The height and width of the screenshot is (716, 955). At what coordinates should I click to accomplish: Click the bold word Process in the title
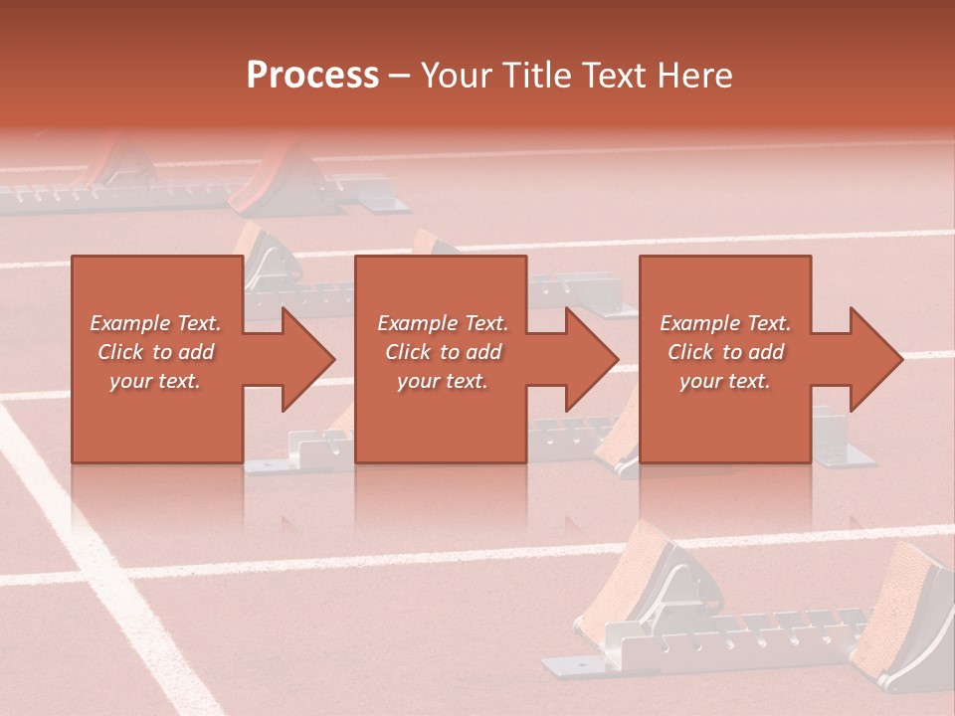pyautogui.click(x=312, y=76)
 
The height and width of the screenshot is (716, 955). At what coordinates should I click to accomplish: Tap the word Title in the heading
pyautogui.click(x=531, y=76)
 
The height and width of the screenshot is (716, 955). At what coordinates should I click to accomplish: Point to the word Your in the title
pyautogui.click(x=454, y=76)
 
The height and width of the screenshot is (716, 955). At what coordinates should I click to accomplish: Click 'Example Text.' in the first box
pyautogui.click(x=155, y=323)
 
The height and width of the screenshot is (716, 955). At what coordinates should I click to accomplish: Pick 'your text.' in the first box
pyautogui.click(x=155, y=381)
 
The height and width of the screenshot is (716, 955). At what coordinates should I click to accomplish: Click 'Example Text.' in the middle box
pyautogui.click(x=443, y=323)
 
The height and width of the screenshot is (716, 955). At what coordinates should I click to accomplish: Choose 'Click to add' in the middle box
pyautogui.click(x=443, y=352)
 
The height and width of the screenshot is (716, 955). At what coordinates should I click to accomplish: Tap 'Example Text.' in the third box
pyautogui.click(x=725, y=323)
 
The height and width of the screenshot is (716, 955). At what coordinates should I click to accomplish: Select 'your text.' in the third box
pyautogui.click(x=725, y=381)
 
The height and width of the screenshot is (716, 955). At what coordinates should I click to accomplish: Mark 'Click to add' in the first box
pyautogui.click(x=155, y=352)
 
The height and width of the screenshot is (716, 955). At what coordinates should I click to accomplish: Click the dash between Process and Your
pyautogui.click(x=399, y=77)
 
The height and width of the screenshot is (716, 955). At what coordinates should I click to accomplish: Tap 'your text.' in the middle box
pyautogui.click(x=443, y=381)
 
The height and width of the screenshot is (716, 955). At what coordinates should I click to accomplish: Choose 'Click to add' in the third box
pyautogui.click(x=725, y=352)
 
